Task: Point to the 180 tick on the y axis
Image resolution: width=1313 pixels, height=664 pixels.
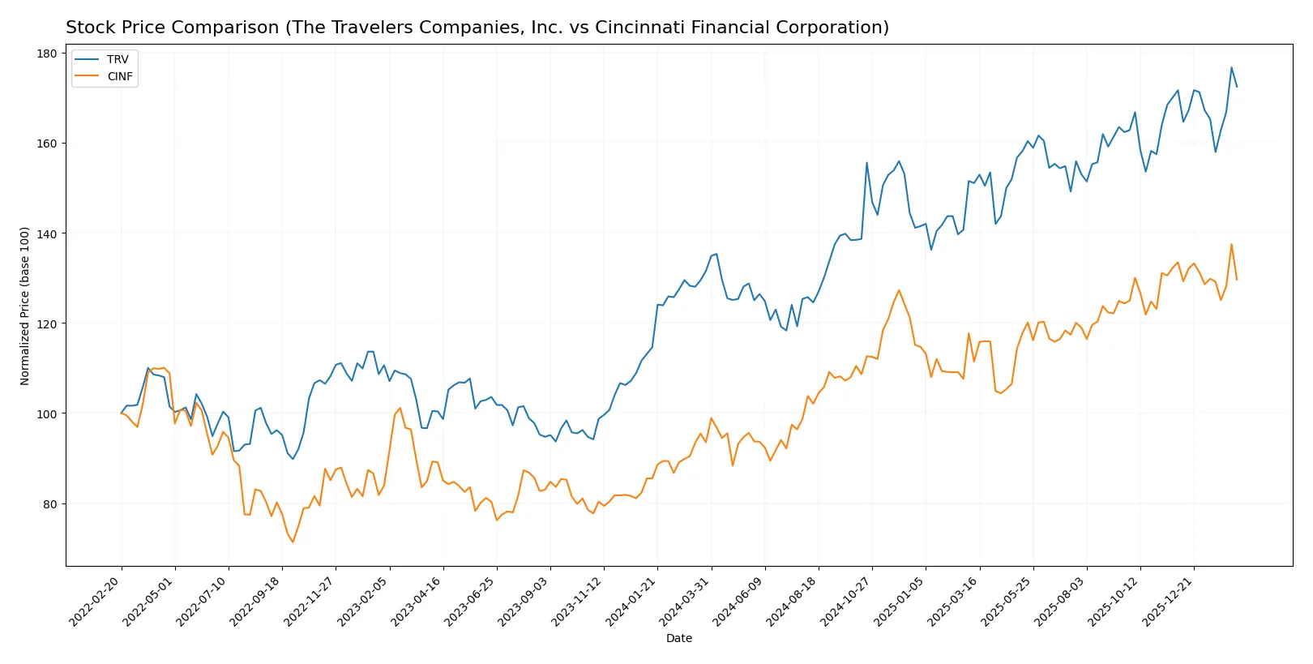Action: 47,54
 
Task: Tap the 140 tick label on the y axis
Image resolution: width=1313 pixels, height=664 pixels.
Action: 47,233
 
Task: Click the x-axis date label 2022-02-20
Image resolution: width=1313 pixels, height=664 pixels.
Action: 96,602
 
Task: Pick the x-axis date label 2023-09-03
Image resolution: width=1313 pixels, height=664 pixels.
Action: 524,602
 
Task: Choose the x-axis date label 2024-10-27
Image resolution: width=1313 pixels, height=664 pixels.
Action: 846,602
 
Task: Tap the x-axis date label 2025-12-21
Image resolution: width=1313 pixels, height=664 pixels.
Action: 1168,602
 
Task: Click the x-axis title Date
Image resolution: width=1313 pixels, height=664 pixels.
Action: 678,638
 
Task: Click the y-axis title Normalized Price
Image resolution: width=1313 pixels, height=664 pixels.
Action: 25,306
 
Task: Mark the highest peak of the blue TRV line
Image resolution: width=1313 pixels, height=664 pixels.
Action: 1231,67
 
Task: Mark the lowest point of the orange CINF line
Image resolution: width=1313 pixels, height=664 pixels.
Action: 293,542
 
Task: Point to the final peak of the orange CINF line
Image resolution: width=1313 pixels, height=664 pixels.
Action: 1231,244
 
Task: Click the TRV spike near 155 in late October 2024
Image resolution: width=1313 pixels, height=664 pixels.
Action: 866,162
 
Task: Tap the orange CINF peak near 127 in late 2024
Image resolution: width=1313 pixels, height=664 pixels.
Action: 899,290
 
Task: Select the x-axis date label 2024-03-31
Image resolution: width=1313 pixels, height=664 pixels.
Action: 685,602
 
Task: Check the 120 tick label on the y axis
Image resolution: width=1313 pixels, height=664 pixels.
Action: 47,323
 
